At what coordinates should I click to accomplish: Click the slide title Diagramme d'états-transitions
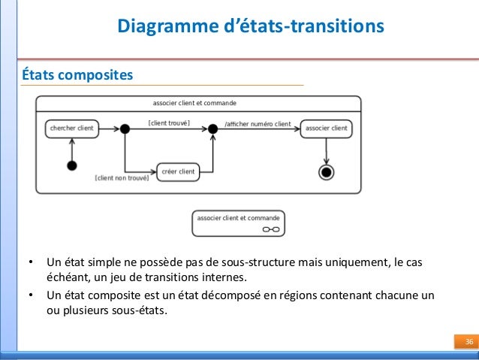click(251, 27)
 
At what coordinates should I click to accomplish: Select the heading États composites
click(78, 75)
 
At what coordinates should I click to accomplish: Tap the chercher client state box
click(71, 129)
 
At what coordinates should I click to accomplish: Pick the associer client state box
click(327, 129)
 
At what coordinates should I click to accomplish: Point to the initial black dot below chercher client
click(72, 165)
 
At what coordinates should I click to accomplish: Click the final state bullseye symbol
click(326, 173)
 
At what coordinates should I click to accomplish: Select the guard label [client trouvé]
click(169, 123)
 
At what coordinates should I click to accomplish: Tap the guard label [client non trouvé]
click(122, 178)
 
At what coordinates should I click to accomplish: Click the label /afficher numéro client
click(258, 123)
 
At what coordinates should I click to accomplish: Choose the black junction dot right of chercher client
click(125, 129)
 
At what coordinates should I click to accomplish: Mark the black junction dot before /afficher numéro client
click(212, 129)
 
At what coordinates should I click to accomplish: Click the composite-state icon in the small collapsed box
click(271, 228)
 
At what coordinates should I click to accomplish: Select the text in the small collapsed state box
click(238, 217)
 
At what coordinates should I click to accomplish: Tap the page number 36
click(467, 343)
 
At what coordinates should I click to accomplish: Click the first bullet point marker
click(30, 262)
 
